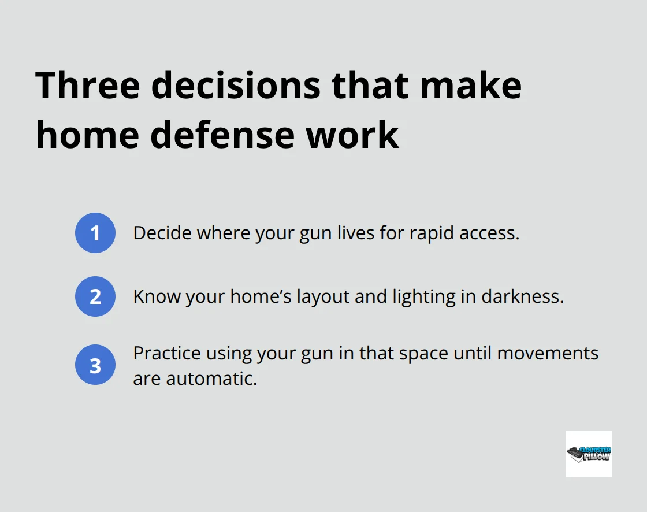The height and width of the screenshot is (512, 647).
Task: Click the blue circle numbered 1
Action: [x=95, y=233]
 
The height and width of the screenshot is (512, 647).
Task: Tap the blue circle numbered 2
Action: [x=95, y=296]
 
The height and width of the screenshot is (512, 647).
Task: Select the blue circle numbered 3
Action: [x=95, y=366]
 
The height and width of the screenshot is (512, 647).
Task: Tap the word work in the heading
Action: [x=353, y=135]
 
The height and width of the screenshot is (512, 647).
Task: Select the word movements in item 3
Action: [x=547, y=353]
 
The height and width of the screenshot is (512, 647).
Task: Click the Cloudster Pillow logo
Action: [x=589, y=454]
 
